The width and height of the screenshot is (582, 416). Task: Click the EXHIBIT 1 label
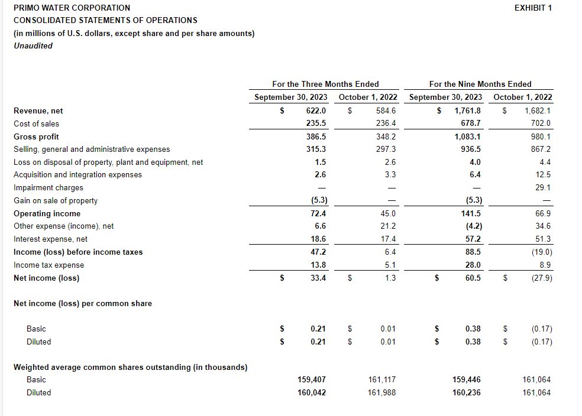[x=533, y=8]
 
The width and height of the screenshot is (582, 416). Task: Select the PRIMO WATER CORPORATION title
[x=72, y=8]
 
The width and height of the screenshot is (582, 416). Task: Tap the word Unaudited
[x=33, y=45]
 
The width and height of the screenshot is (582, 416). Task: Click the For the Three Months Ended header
[x=325, y=84]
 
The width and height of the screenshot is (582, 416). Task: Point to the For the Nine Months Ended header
[x=480, y=84]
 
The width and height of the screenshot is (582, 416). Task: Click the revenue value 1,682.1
[x=538, y=110]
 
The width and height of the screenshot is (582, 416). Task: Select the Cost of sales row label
[x=36, y=123]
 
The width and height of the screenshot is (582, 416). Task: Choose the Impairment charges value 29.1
[x=542, y=187]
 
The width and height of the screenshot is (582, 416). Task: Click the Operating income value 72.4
[x=318, y=213]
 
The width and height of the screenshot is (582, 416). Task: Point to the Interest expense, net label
[x=50, y=239]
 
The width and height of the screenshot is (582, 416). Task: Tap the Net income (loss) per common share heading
[x=82, y=303]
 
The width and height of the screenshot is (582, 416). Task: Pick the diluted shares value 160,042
[x=312, y=392]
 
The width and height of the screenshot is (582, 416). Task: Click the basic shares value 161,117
[x=381, y=379]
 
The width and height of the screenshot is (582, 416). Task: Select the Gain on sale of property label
[x=56, y=200]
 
